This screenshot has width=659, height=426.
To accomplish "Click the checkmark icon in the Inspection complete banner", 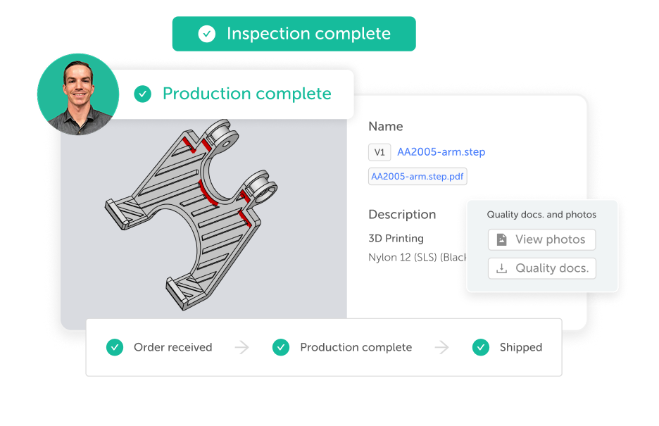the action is (x=207, y=34).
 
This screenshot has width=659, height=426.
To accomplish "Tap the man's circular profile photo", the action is (x=78, y=94).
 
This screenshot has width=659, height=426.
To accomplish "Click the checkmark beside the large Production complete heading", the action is (x=142, y=94).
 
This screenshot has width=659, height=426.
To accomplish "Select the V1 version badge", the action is (x=379, y=152).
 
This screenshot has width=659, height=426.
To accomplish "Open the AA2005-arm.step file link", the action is (x=441, y=151).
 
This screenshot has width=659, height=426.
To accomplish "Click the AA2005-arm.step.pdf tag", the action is (x=418, y=177).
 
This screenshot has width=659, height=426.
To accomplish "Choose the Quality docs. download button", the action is (x=541, y=268).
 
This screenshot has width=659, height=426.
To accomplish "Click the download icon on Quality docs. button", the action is (x=501, y=268).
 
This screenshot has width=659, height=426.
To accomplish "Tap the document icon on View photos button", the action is (x=501, y=239).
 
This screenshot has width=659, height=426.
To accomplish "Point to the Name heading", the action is (x=386, y=127).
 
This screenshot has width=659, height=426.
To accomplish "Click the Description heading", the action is (x=402, y=214).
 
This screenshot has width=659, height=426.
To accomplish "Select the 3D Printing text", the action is (x=396, y=238).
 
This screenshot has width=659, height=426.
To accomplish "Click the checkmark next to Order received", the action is (x=115, y=347).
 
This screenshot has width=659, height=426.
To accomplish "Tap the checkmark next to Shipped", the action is (x=481, y=347).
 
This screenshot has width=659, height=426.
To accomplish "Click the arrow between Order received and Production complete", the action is (x=242, y=347).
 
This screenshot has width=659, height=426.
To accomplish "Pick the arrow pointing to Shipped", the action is (x=441, y=347).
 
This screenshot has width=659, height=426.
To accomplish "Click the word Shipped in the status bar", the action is (x=521, y=347).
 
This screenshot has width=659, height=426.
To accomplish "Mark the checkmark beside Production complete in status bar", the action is (x=281, y=347).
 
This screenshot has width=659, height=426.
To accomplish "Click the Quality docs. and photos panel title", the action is (x=541, y=215).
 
